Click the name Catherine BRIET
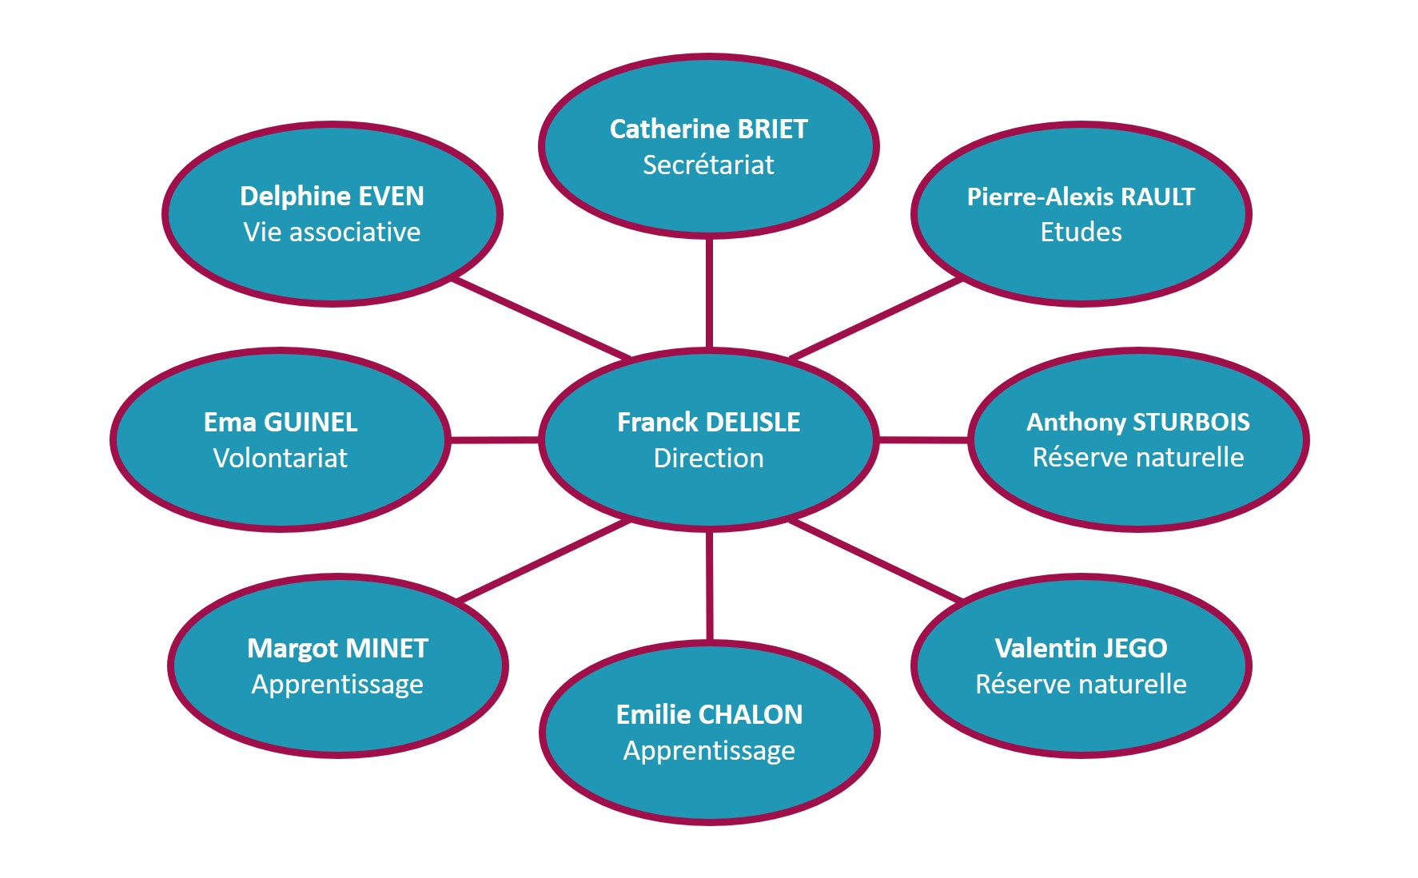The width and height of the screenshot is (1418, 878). point(708,129)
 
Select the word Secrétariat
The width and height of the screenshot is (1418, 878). point(708,165)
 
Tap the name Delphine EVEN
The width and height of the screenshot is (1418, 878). point(332,196)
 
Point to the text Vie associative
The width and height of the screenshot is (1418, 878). point(332,232)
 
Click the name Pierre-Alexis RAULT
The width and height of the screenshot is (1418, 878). point(1081,197)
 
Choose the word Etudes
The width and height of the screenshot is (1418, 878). point(1081,232)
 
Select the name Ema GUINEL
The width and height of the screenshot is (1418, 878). point(281,422)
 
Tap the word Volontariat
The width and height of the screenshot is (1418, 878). point(281,458)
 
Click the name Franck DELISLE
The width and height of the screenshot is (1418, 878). point(708,422)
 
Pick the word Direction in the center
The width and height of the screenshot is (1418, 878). point(708,458)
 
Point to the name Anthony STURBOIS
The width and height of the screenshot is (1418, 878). point(1138,422)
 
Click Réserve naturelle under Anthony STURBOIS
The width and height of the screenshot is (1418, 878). point(1138,457)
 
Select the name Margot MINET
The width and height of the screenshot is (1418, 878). point(337,648)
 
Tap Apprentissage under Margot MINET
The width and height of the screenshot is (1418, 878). point(337,684)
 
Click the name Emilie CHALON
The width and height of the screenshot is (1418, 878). point(709,714)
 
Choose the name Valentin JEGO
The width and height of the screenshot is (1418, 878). point(1081,648)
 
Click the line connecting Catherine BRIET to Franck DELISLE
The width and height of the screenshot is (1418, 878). point(709,293)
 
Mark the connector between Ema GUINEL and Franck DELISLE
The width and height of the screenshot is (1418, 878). point(494,439)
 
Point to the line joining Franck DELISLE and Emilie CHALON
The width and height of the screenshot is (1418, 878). point(709,585)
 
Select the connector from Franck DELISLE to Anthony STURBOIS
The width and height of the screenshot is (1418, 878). point(923,439)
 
